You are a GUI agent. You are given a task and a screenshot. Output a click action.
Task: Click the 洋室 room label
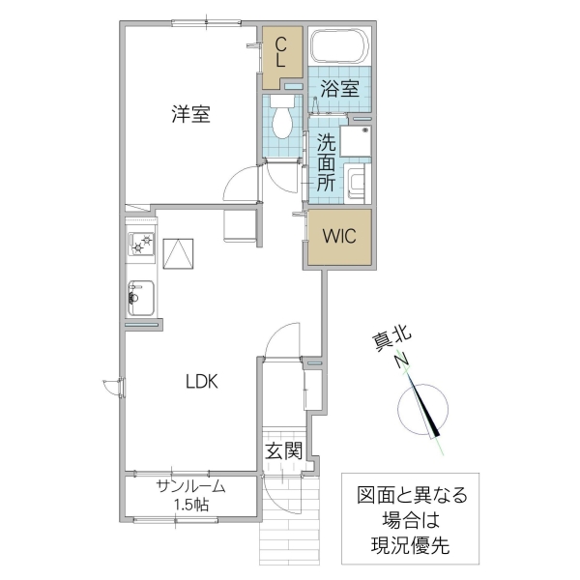190,114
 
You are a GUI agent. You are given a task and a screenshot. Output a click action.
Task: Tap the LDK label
203,380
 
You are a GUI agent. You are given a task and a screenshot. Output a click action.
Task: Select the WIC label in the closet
338,235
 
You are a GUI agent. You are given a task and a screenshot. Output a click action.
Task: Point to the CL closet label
279,51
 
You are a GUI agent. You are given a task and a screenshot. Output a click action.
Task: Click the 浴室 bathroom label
339,88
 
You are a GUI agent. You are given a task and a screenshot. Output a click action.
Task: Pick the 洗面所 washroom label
326,159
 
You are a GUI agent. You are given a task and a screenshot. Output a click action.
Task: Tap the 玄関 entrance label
285,449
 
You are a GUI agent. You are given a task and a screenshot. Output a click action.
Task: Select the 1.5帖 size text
192,505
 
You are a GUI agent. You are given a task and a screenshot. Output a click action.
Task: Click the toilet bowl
283,120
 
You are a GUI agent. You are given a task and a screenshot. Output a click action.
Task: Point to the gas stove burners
142,246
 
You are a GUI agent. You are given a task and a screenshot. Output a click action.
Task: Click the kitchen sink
140,296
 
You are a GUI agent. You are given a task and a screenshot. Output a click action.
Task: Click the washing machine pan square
356,141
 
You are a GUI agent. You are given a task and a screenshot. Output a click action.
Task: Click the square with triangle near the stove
178,254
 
